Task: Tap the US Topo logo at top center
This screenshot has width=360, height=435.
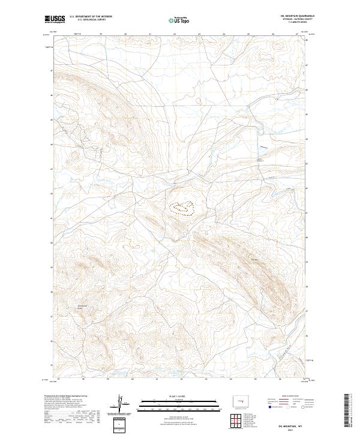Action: (179, 20)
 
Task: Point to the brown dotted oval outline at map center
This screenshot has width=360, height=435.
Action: (181, 209)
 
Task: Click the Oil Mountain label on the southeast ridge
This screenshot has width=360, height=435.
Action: (254, 259)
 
